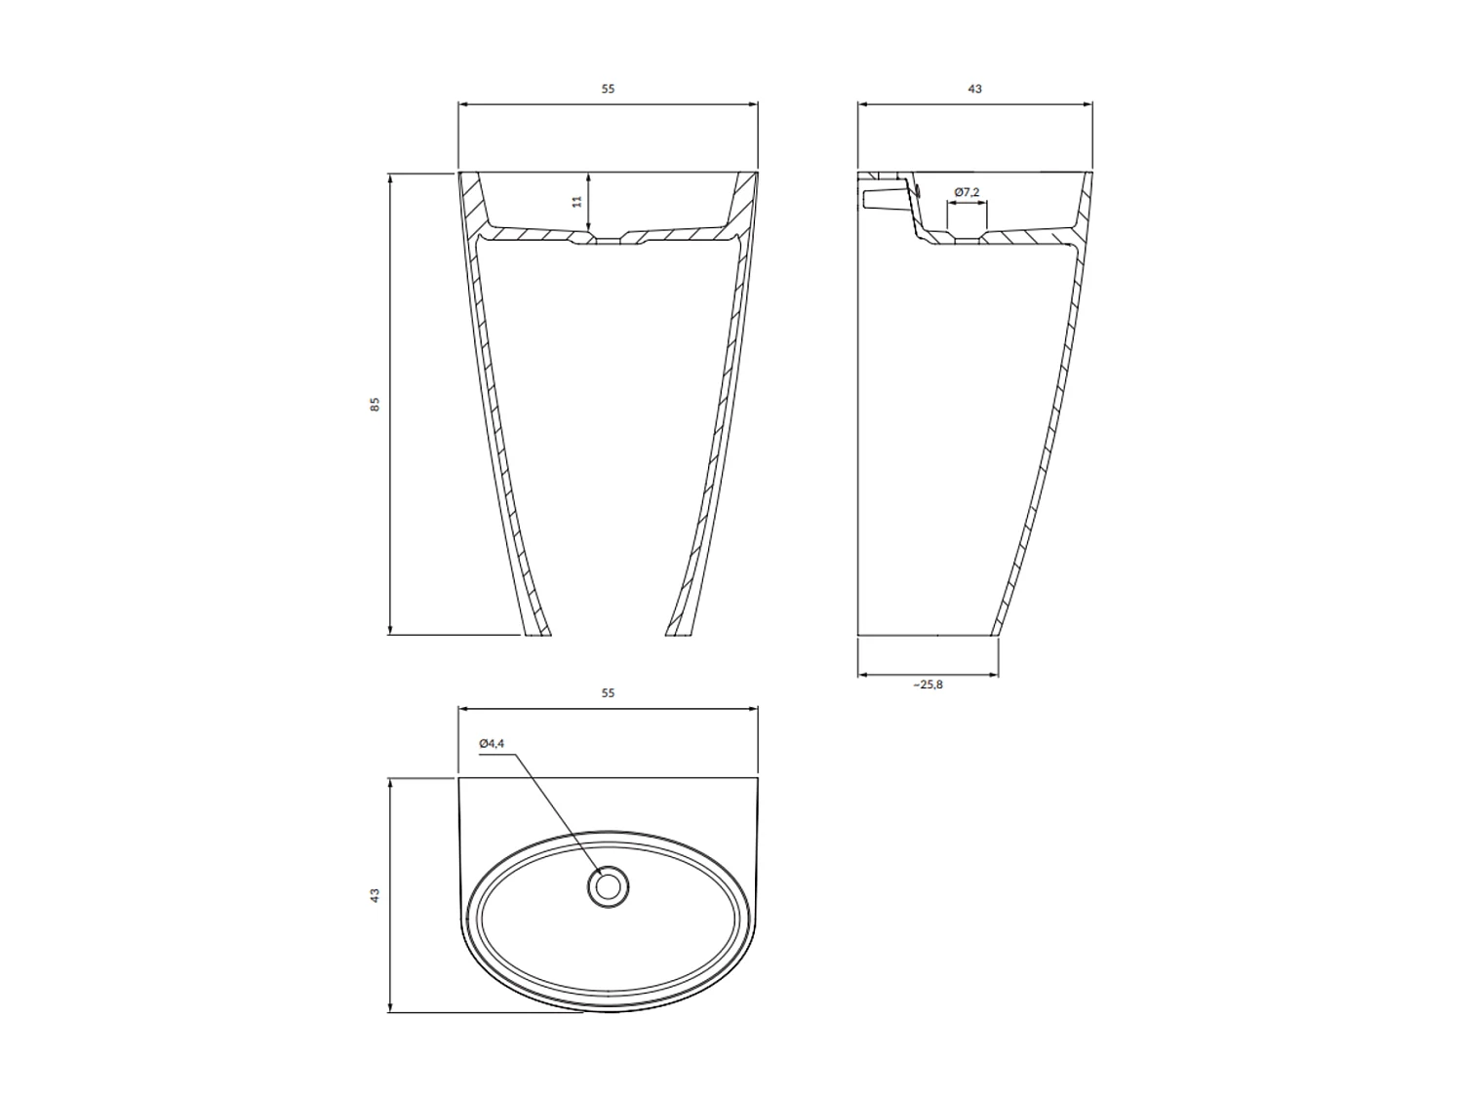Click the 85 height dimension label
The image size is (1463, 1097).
point(375,404)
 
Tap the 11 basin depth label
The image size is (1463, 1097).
point(576,201)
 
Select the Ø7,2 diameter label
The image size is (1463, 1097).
point(967,192)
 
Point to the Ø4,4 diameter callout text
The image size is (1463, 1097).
point(492,744)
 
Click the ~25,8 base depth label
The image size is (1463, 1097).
point(928,685)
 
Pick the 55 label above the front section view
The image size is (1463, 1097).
point(608,89)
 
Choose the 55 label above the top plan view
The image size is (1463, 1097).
point(608,693)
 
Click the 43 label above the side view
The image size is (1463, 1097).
point(974,89)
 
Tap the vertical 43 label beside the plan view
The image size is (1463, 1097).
point(375,895)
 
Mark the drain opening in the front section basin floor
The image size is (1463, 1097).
point(608,240)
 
